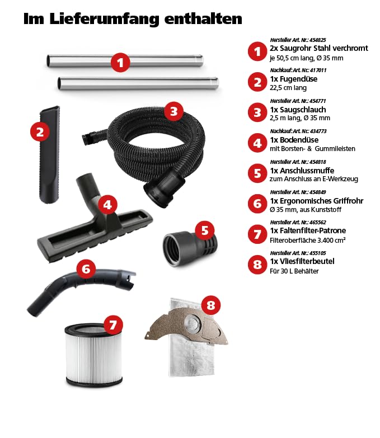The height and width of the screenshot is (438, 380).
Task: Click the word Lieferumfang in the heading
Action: pos(104,19)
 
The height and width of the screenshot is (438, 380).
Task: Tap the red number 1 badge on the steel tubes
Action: pos(120,63)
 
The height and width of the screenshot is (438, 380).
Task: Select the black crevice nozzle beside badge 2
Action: pos(50,154)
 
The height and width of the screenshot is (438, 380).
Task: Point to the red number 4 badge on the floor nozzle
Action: pos(107,205)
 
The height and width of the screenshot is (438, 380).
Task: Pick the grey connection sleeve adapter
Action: pos(190,247)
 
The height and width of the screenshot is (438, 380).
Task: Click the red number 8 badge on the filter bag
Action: pos(210,305)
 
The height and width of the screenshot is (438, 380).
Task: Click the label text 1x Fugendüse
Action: pos(293,79)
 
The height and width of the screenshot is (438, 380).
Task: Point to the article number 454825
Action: pos(317,40)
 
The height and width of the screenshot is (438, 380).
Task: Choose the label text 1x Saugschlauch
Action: pos(298,110)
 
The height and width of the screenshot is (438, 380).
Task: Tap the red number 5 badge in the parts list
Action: pos(257,173)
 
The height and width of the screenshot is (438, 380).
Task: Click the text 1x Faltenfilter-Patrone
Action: pos(308,230)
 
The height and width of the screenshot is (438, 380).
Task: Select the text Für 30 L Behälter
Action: pos(294,271)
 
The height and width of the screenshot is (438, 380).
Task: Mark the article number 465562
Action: pos(317,222)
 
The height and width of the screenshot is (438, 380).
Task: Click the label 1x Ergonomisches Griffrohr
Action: pos(317,201)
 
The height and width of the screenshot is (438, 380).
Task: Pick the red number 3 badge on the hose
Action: pos(174,111)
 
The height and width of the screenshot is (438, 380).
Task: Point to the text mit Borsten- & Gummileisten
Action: pos(312,149)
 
